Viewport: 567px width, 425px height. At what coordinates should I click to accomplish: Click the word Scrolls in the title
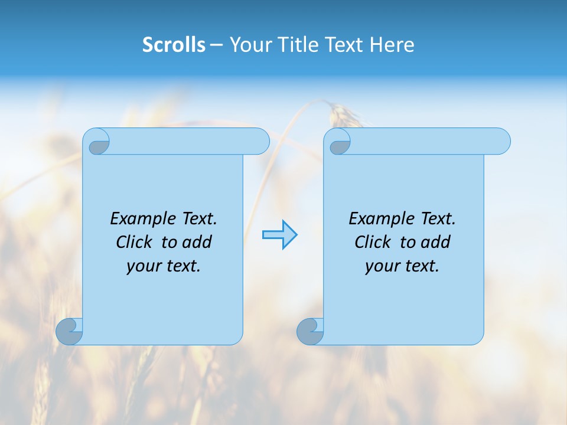click(x=174, y=45)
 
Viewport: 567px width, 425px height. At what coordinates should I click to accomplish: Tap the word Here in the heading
click(x=392, y=45)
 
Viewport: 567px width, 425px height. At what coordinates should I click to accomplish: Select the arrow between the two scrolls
click(x=279, y=235)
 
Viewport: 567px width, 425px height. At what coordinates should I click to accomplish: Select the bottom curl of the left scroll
click(x=68, y=332)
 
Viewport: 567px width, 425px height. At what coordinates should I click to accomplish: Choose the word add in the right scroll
click(x=436, y=242)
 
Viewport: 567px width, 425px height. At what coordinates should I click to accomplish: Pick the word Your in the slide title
click(x=248, y=45)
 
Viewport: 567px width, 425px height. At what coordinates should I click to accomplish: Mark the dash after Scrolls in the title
click(x=216, y=45)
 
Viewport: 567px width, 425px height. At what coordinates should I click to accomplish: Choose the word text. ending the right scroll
click(x=421, y=266)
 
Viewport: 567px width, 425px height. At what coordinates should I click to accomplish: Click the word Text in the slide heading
click(x=346, y=45)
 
